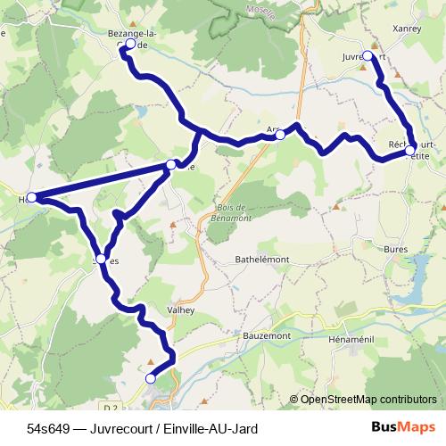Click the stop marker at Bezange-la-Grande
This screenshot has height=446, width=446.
(x=131, y=44)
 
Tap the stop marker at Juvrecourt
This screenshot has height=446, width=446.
(x=368, y=56)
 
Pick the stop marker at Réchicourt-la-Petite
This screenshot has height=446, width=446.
(x=409, y=152)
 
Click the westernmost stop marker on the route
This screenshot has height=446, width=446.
(x=32, y=197)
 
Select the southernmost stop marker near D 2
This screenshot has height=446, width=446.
(x=150, y=379)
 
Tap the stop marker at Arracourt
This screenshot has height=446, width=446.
(x=280, y=136)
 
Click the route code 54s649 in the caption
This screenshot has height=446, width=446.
(x=48, y=429)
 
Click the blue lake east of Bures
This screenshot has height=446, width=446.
(x=420, y=290)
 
